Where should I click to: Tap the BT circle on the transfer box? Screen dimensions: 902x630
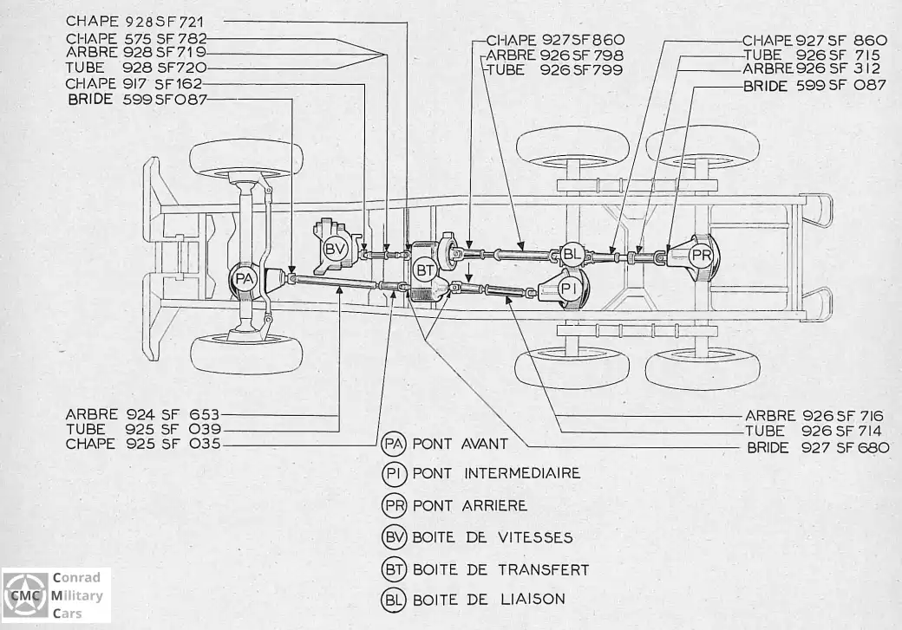[x=425, y=270]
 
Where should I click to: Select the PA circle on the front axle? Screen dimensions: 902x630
[x=245, y=279]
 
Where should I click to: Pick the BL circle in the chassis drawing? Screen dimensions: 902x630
[x=572, y=254]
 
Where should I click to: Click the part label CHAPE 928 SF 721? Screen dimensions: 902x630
[x=134, y=22]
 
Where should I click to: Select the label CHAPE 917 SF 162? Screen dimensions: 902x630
[x=134, y=84]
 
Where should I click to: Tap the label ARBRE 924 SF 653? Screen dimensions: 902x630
[x=142, y=414]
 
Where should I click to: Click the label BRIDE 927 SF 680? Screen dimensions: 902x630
[x=818, y=447]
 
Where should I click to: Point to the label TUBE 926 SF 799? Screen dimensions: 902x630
[x=555, y=70]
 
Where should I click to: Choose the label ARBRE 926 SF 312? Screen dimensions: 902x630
[x=812, y=69]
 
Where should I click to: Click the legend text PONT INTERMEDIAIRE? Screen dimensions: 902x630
[x=496, y=473]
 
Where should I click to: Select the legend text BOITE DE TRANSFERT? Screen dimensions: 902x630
[x=501, y=569]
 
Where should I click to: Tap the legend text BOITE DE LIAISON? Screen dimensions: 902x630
[x=489, y=600]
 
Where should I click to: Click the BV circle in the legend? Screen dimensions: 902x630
[x=394, y=537]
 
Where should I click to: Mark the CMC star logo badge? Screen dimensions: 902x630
[x=26, y=595]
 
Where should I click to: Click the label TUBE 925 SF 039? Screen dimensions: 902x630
[x=143, y=430]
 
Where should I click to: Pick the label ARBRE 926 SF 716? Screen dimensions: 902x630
[x=814, y=416]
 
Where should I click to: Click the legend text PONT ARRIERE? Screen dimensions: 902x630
[x=470, y=505]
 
